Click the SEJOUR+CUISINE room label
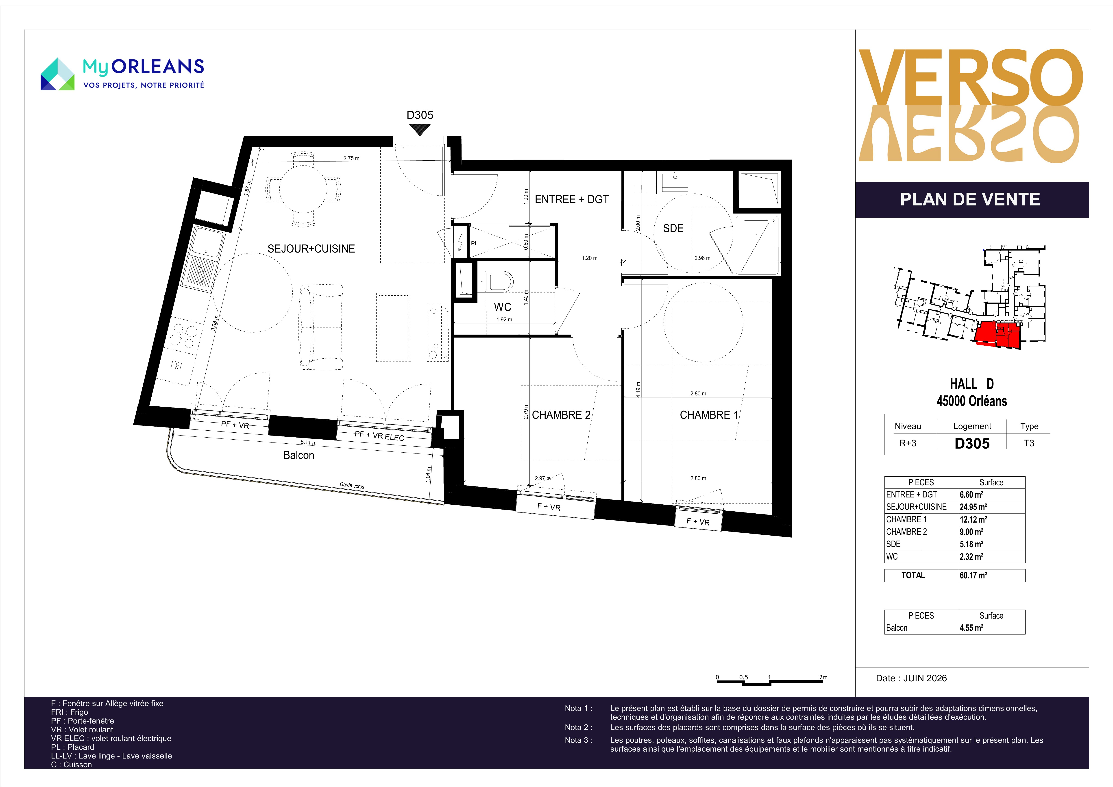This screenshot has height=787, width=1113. (311, 249)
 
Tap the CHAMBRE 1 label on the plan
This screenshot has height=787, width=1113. (709, 415)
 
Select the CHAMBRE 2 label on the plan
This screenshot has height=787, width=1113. (561, 415)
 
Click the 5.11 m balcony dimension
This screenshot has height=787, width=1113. (308, 442)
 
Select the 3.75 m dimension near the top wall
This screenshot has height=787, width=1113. (351, 159)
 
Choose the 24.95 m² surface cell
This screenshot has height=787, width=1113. (973, 507)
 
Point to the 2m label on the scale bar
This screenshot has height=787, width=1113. (823, 677)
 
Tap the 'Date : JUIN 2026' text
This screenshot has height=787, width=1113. (911, 678)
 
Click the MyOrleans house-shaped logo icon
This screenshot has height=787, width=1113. (57, 74)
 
